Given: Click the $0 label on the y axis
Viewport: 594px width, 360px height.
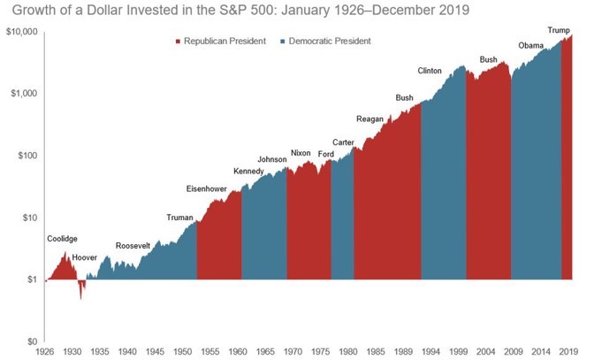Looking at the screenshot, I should coord(30,341).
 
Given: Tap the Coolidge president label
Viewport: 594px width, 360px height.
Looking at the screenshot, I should coord(62,239).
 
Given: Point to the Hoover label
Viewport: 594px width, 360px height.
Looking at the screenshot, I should coord(85,257).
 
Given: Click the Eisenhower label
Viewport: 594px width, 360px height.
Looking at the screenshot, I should coord(207,188).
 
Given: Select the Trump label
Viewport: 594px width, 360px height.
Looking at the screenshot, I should coord(559,30).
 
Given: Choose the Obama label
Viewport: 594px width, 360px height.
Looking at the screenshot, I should coord(530,46).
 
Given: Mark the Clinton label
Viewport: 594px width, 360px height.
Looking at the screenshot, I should coord(430,71).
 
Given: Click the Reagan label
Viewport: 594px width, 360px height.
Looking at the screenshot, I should coord(369,119).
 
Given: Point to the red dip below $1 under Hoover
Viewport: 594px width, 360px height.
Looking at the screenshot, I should coord(81,289).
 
